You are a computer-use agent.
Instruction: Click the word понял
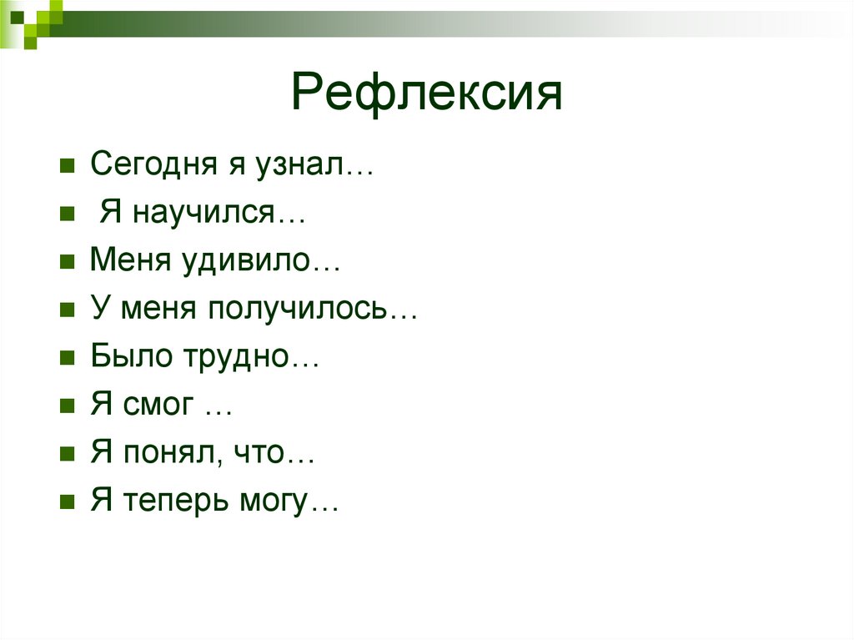[168, 456]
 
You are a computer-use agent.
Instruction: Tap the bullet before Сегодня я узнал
[66, 166]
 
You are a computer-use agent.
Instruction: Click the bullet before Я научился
[66, 214]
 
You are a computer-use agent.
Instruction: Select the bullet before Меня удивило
[66, 263]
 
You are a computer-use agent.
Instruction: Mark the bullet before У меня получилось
[66, 311]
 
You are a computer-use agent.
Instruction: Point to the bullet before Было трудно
[66, 360]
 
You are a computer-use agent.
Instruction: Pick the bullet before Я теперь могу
[66, 505]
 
